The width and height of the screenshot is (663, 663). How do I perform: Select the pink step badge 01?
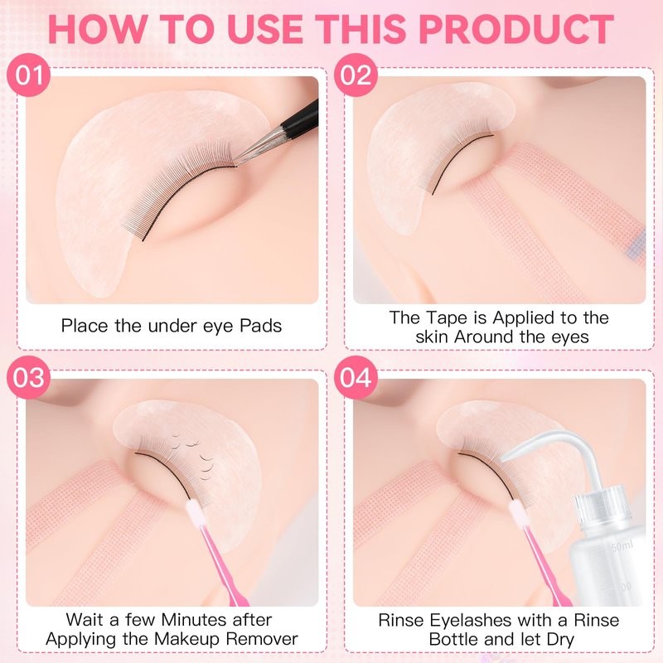[x=29, y=75]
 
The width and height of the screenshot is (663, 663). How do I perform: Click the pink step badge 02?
[x=356, y=75]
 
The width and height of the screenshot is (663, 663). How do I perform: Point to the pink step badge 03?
[x=29, y=377]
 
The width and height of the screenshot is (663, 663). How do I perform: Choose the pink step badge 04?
[x=356, y=377]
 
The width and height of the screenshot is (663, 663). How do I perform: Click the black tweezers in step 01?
[x=279, y=133]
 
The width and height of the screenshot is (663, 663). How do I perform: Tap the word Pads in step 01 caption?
[x=260, y=326]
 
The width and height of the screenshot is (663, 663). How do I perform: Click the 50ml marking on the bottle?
[x=622, y=547]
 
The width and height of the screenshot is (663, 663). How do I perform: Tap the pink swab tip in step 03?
[x=195, y=512]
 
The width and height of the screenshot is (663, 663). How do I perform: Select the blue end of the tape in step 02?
[x=636, y=245]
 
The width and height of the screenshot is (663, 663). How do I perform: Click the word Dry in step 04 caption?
[x=560, y=639]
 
